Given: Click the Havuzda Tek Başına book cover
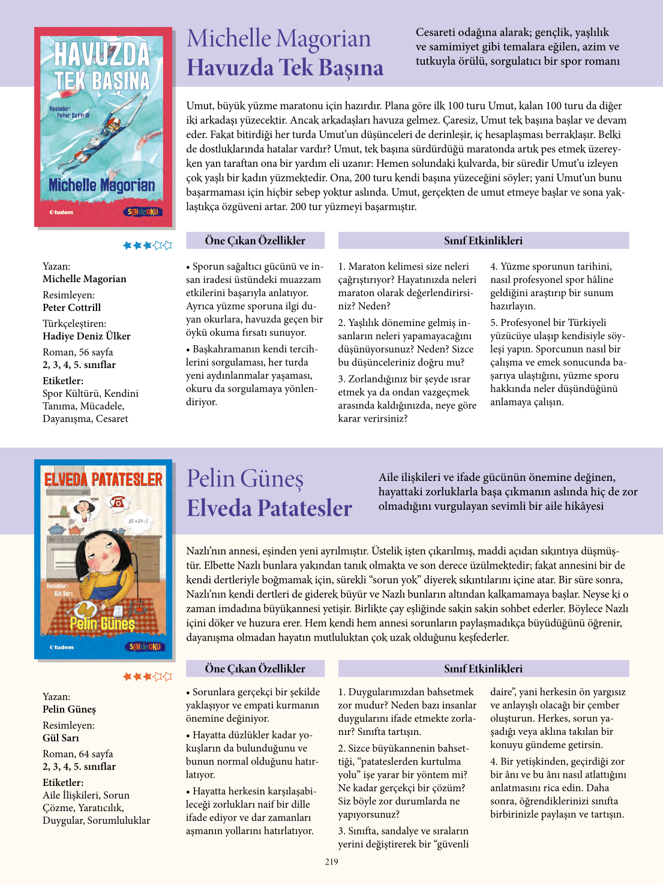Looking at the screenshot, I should (103, 127).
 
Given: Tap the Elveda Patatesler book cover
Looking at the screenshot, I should (103, 560).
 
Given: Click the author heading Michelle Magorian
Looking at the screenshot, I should (278, 38).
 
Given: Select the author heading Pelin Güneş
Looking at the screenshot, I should (245, 479).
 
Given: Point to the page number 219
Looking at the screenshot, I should (331, 862).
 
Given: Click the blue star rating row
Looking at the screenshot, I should (147, 245).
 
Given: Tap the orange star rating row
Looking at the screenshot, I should (147, 677).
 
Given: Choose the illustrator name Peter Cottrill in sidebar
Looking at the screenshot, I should (71, 307).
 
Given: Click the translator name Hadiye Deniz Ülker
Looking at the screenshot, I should (86, 336).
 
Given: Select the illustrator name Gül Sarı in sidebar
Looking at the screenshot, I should (61, 738).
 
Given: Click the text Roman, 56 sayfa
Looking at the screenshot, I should (77, 352).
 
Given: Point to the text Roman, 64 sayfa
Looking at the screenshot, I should (77, 754).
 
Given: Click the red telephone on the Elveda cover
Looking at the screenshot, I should (118, 502).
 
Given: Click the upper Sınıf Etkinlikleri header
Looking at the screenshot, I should (483, 241).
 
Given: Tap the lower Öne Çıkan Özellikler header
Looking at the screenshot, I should (255, 669).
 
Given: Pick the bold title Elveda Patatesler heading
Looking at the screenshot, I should (269, 509).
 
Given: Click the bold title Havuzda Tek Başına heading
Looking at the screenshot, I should (285, 68).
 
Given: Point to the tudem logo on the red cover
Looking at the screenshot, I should (61, 212).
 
